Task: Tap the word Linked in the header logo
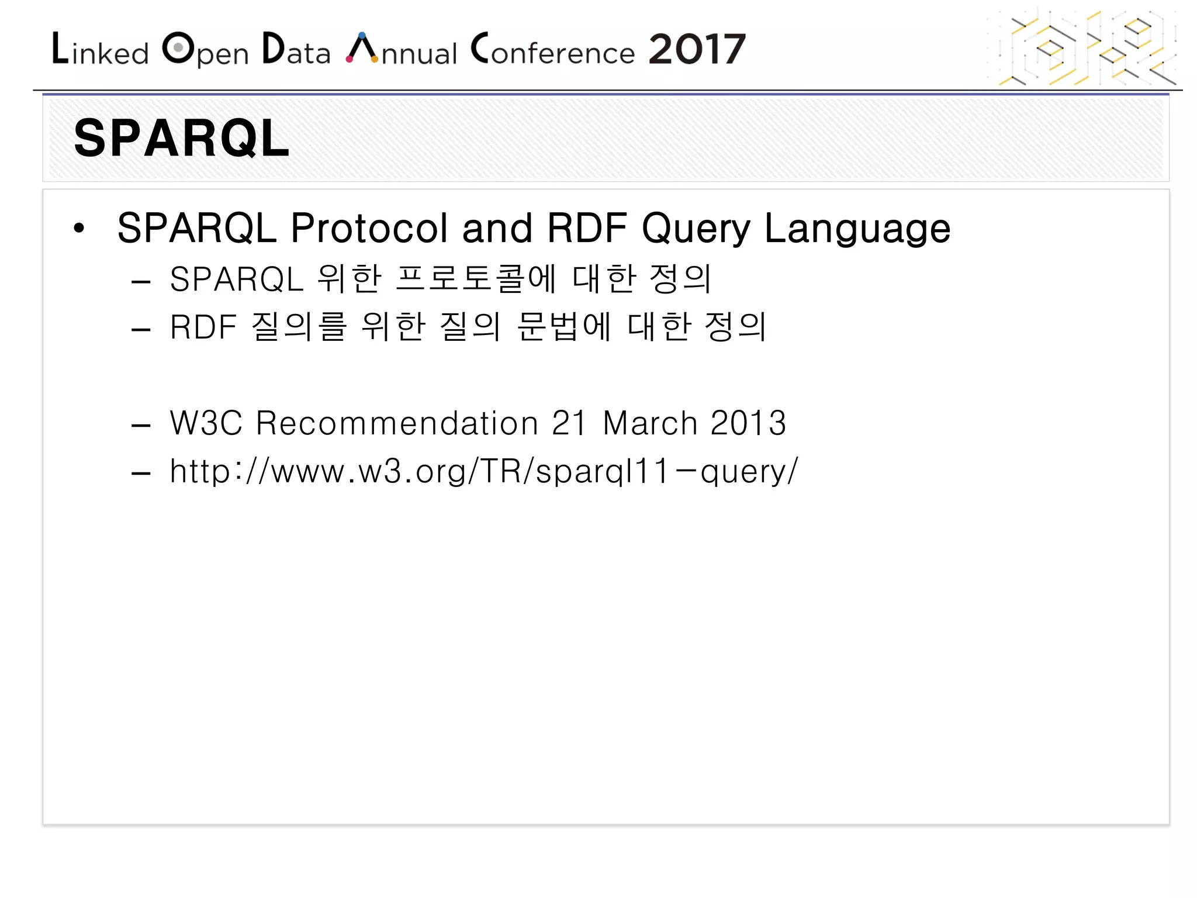tap(100, 50)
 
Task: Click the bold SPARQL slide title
tap(181, 139)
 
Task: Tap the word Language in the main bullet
tap(857, 228)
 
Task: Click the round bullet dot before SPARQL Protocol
tap(79, 229)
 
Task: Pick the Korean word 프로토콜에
tap(476, 278)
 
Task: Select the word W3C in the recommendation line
tap(206, 423)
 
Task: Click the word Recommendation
tap(397, 423)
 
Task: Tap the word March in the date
tap(650, 423)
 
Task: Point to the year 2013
tap(748, 423)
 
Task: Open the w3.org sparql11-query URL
tap(483, 471)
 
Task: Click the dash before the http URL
tap(141, 472)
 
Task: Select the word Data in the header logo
tap(296, 50)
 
